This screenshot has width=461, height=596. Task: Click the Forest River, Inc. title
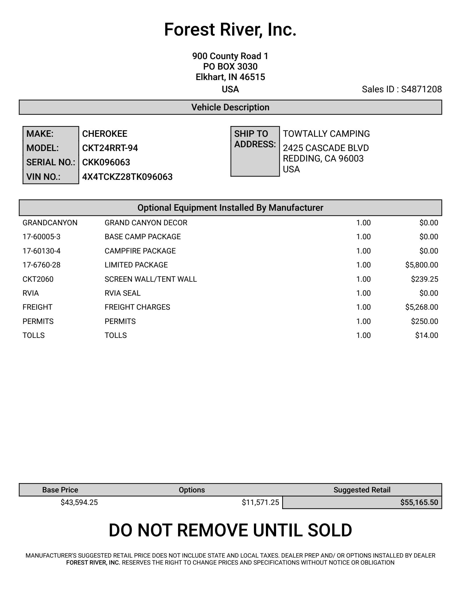[230, 30]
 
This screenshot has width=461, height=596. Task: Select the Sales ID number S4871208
[421, 89]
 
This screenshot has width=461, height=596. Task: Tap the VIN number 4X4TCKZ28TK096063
[127, 177]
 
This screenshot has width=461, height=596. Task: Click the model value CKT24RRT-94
[110, 148]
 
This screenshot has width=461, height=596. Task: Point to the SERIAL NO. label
[50, 162]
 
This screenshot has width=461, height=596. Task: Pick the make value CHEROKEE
[105, 134]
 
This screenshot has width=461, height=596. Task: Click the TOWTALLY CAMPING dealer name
[326, 134]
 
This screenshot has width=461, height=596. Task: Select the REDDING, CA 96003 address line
[323, 159]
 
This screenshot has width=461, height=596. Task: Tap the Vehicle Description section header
[230, 107]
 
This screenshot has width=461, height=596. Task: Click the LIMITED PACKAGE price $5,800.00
[421, 265]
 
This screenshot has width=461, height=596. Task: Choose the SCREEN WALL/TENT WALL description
[151, 279]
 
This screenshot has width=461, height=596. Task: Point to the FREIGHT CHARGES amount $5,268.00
[421, 307]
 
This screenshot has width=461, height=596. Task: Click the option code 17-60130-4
[41, 251]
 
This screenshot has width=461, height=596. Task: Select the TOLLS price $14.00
[426, 336]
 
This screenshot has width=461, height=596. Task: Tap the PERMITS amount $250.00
[424, 322]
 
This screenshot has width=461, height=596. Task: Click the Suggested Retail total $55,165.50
[419, 503]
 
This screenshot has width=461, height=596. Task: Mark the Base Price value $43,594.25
[79, 503]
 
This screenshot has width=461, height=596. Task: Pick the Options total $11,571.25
[260, 503]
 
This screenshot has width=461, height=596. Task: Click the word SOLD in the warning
[330, 530]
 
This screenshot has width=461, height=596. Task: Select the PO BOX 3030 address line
[230, 67]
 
